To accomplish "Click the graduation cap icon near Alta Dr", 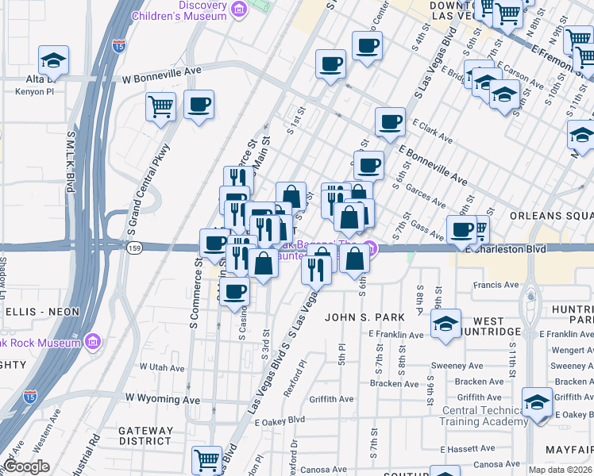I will coord(53,60).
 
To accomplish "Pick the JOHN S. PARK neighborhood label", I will coord(364,317).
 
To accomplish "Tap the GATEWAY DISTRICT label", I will coord(145,436).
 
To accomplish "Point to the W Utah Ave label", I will coord(162,367).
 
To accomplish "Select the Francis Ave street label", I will coord(496,285).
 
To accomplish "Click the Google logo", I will coord(26,466).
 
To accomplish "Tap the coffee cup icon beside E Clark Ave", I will coord(389,123).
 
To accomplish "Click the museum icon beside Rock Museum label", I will coord(93,342).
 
